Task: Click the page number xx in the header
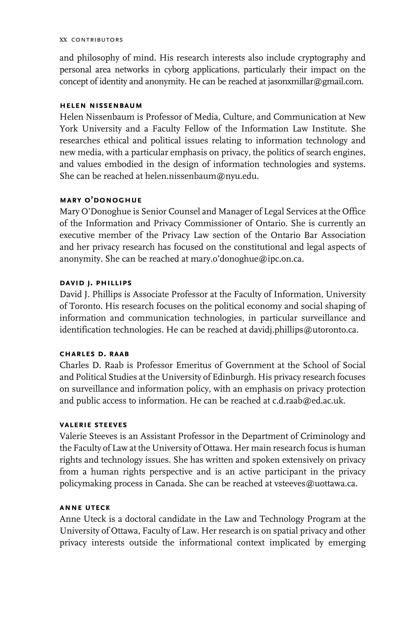63,40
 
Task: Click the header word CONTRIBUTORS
97,40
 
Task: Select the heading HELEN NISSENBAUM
101,106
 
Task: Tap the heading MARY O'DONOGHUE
101,200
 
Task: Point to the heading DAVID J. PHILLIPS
96,283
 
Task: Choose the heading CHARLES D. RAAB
94,354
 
